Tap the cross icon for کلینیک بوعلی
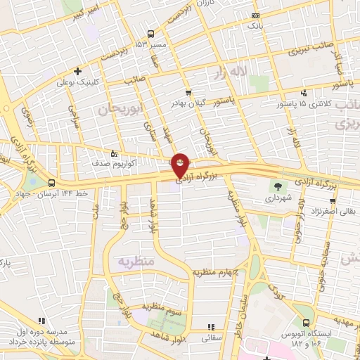coord(77,71)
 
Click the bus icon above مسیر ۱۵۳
coord(150,34)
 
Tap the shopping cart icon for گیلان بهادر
coord(188,92)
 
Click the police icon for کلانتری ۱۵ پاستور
coord(303,92)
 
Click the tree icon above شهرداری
coord(278,186)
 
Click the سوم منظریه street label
coord(164,306)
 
